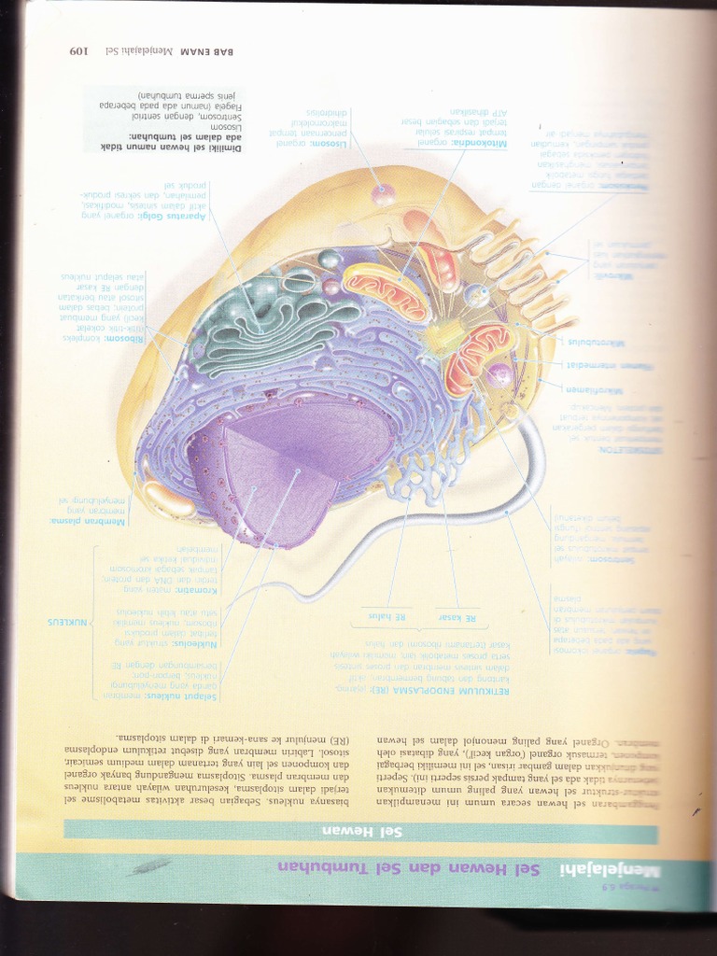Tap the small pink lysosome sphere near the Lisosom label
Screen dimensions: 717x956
click(x=384, y=194)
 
